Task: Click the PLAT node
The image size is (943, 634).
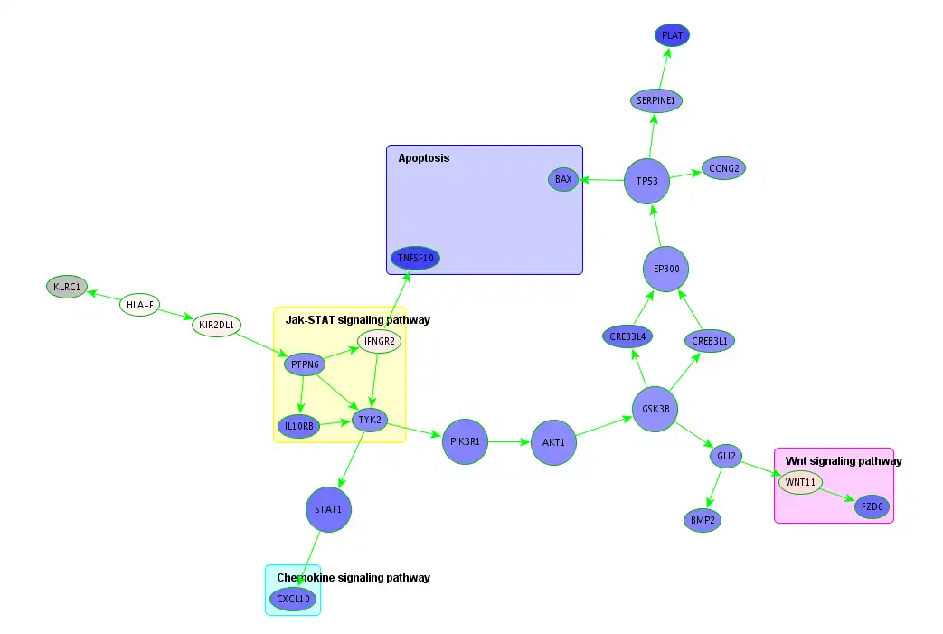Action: [x=672, y=35]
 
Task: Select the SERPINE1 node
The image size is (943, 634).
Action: [x=655, y=99]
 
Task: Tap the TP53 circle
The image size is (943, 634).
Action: [x=646, y=181]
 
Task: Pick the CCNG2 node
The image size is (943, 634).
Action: [x=723, y=168]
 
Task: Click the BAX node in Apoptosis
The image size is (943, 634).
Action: [x=563, y=179]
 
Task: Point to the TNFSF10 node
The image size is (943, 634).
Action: [x=416, y=259]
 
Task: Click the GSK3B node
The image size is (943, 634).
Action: [x=655, y=409]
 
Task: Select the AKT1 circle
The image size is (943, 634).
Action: [x=553, y=442]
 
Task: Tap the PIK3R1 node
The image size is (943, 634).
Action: [x=465, y=441]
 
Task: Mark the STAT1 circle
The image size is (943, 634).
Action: [x=327, y=509]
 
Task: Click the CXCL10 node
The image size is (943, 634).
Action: [x=293, y=599]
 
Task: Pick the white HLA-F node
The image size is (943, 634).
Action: [x=140, y=305]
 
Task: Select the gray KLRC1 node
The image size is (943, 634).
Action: [x=67, y=288]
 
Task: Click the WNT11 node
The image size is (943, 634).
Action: [x=800, y=482]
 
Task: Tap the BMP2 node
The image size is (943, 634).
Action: [x=702, y=520]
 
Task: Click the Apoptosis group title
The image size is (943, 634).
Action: [x=423, y=158]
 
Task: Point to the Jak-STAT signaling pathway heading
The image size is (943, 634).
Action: [x=357, y=320]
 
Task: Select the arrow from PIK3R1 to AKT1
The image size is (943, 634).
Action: [x=509, y=442]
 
